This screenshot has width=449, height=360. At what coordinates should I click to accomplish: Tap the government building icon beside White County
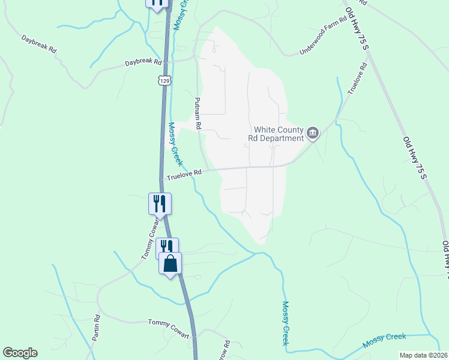coord(313,133)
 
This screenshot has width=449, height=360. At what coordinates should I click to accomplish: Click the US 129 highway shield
coord(164,80)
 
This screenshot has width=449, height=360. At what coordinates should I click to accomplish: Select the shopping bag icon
coord(170,263)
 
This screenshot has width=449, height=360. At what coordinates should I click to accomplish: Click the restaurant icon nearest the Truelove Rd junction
coord(160,203)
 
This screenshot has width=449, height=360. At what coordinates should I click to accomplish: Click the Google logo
coord(20,353)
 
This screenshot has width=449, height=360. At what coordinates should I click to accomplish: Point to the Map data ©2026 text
coord(423,355)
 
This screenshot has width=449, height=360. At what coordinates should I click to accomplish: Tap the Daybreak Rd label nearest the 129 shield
coord(143,62)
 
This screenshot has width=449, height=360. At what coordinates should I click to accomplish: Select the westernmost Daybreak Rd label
coord(38,45)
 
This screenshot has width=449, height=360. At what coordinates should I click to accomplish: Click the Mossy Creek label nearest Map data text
coord(384,341)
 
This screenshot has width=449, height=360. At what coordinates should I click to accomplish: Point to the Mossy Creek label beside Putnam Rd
coord(175,144)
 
